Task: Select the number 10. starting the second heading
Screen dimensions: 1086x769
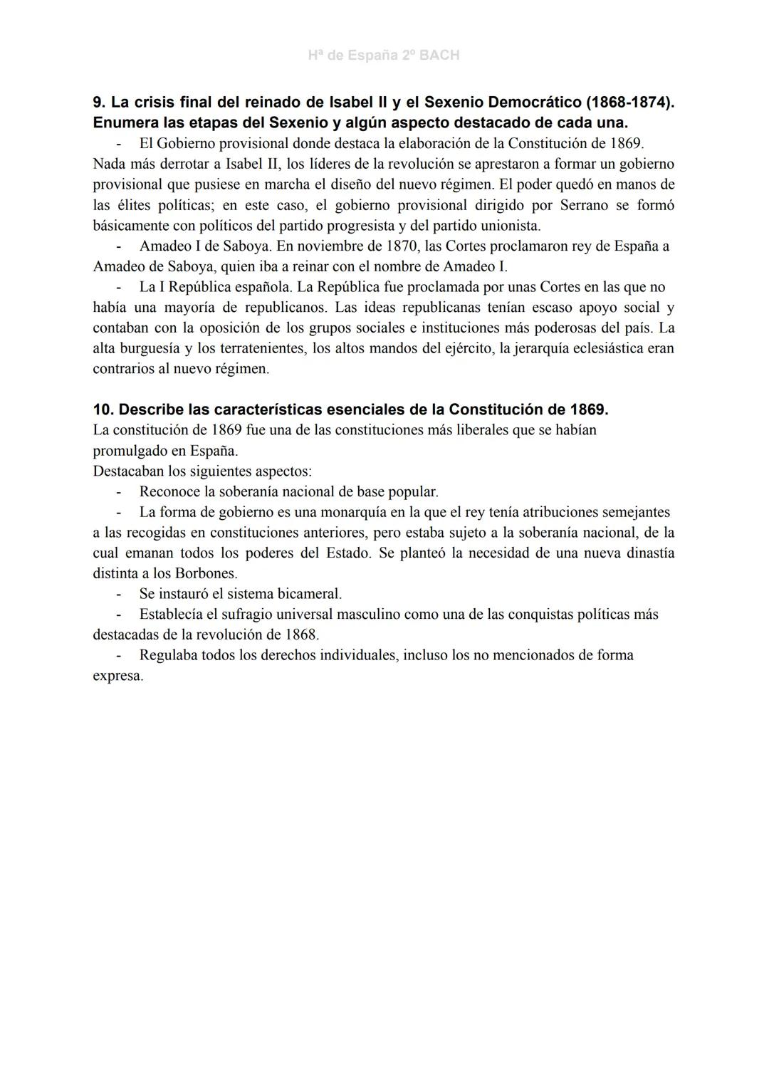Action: [x=104, y=410]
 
